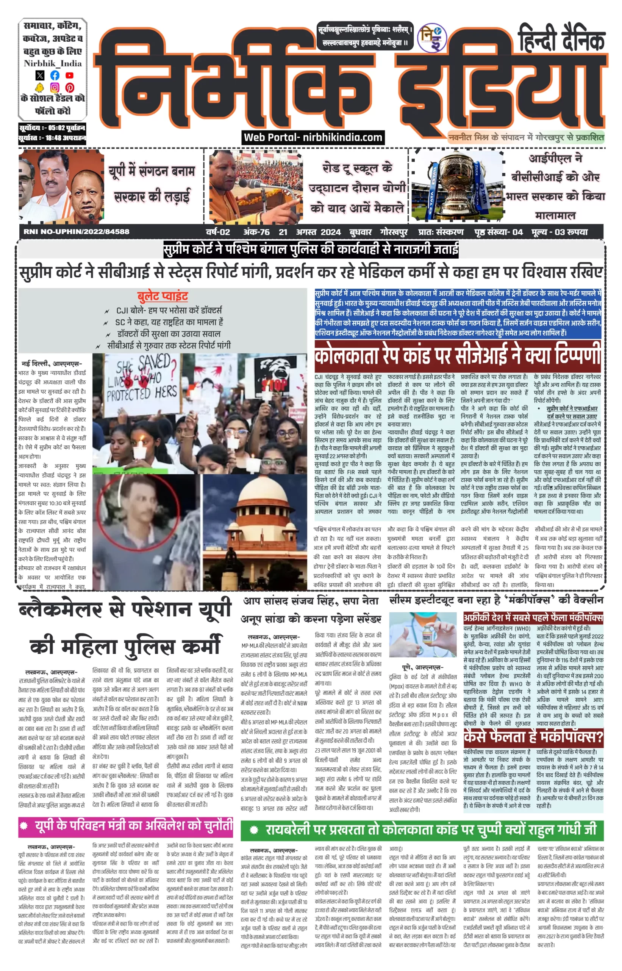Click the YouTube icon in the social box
point(69,75)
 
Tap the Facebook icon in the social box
point(55,75)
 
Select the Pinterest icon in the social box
point(70,87)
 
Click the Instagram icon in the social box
point(55,87)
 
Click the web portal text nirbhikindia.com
point(313,138)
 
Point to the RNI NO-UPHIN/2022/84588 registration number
point(77,232)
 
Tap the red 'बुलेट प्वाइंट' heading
point(163,297)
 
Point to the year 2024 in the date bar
point(330,232)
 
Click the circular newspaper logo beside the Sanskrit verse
point(432,38)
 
